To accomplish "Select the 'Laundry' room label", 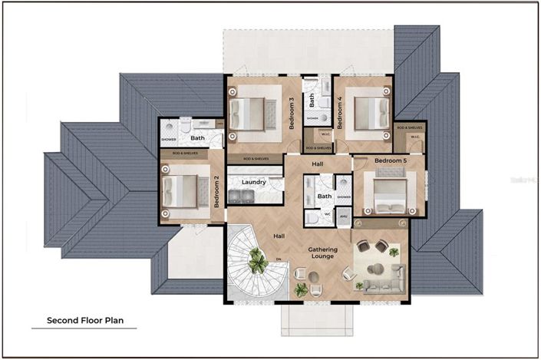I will tap(253, 182).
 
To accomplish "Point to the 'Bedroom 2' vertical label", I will tap(217, 192).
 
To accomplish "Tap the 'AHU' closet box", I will tap(343, 218).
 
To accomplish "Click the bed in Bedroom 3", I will tap(249, 114).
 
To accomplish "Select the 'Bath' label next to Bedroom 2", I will tap(197, 139).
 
